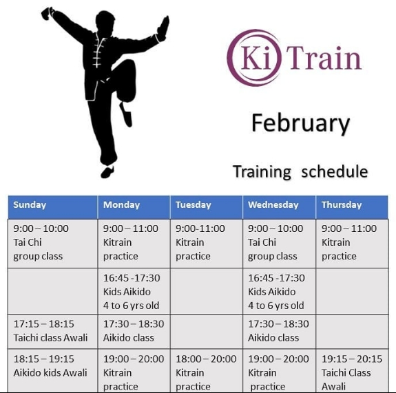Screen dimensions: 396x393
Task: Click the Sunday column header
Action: tap(53, 207)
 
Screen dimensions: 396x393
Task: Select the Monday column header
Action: tap(134, 207)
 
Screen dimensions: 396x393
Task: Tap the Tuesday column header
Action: tap(207, 207)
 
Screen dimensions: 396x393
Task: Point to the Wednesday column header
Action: tap(280, 207)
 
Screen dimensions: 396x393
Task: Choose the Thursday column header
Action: tap(352, 207)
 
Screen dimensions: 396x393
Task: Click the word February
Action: tap(300, 124)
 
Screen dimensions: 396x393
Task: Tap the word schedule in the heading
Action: tap(335, 171)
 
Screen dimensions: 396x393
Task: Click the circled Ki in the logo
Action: tap(254, 58)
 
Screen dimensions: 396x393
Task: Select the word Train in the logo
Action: tap(324, 58)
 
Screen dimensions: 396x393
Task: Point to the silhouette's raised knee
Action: tap(128, 65)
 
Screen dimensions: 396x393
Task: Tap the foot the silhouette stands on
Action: tap(107, 172)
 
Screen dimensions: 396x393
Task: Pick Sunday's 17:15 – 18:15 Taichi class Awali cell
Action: tap(53, 332)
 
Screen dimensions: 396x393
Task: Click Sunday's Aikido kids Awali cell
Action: tap(53, 370)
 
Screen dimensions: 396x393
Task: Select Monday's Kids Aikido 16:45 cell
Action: tap(134, 291)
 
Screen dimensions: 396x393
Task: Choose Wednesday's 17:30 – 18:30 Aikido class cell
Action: tap(280, 332)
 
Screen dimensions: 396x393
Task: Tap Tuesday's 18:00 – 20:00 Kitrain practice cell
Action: tap(207, 370)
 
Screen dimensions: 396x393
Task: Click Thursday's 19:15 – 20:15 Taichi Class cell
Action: tap(352, 370)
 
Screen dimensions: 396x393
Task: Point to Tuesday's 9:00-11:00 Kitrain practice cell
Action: tap(207, 244)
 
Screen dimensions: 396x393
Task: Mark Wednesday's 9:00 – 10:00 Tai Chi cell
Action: tap(280, 244)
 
